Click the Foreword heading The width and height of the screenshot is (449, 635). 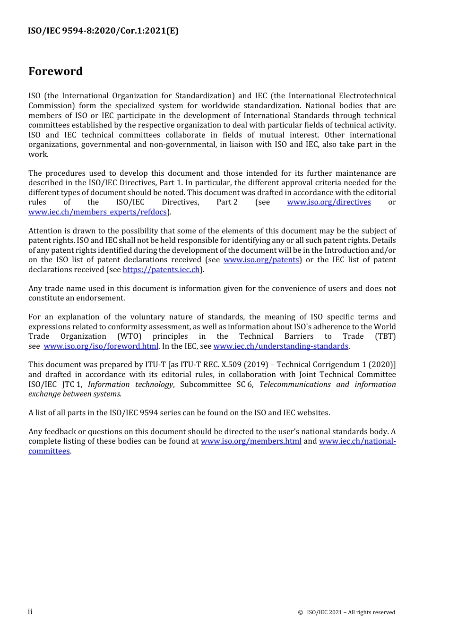click(55, 71)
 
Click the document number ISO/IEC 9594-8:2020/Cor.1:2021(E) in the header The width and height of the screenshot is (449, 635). click(103, 31)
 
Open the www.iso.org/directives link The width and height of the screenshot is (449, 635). click(328, 202)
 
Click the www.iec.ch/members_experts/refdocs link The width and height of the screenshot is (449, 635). click(97, 212)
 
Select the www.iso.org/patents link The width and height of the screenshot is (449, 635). click(261, 260)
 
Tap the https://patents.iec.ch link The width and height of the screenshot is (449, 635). click(161, 270)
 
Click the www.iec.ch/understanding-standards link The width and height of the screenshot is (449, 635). click(281, 346)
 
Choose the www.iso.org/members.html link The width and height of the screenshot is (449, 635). click(251, 441)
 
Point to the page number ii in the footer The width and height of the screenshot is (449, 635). click(30, 612)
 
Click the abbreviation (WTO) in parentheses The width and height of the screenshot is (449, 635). click(129, 336)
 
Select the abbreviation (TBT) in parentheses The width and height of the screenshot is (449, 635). click(385, 336)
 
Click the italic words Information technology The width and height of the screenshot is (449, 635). click(130, 385)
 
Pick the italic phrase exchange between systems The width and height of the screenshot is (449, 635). click(74, 394)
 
